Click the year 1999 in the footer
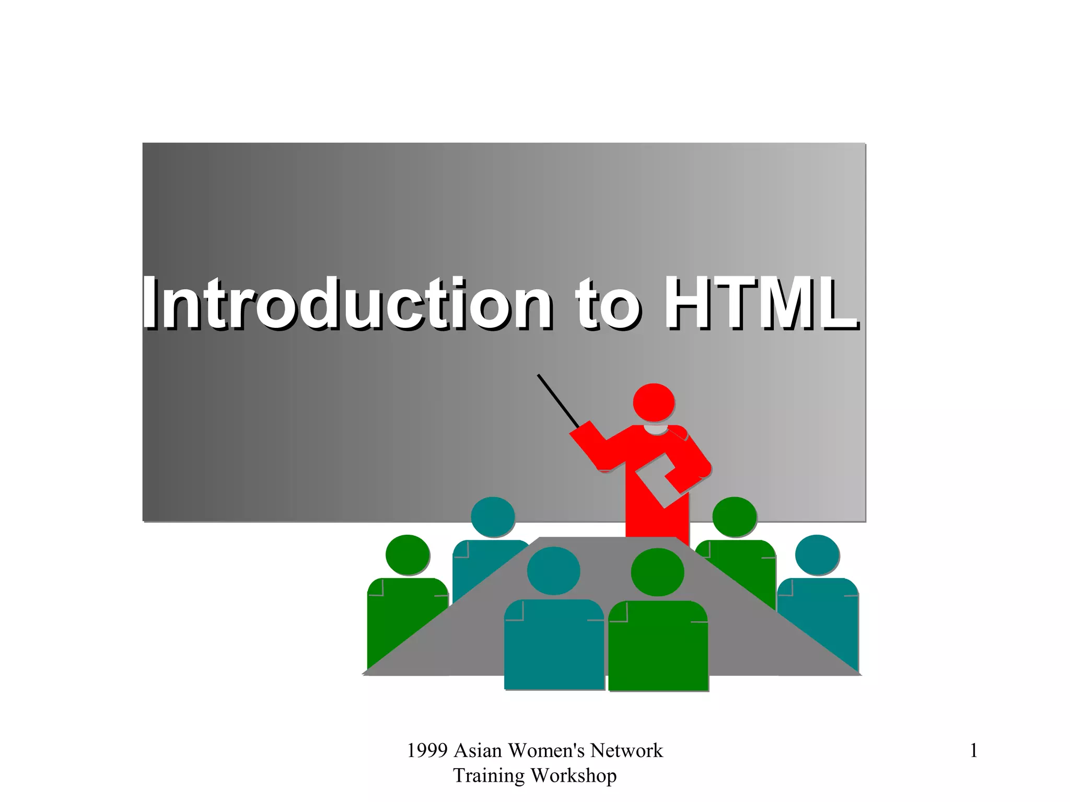pos(427,751)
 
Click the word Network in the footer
pos(626,751)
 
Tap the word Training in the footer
pos(489,776)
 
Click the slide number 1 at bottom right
pos(973,751)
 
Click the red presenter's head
pos(653,402)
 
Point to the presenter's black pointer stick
pos(558,401)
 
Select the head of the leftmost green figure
pos(408,555)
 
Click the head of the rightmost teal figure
pos(817,555)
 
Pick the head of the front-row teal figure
pos(553,571)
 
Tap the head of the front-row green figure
pos(657,572)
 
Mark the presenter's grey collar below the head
pos(656,429)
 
